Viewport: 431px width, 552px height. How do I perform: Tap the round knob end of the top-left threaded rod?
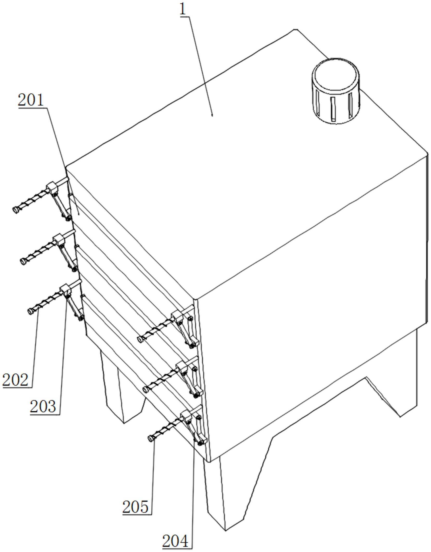point(16,210)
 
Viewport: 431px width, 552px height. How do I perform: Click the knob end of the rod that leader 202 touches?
point(31,311)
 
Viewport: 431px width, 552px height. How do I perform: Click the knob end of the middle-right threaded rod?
point(146,390)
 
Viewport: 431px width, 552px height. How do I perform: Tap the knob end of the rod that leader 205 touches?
point(151,439)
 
